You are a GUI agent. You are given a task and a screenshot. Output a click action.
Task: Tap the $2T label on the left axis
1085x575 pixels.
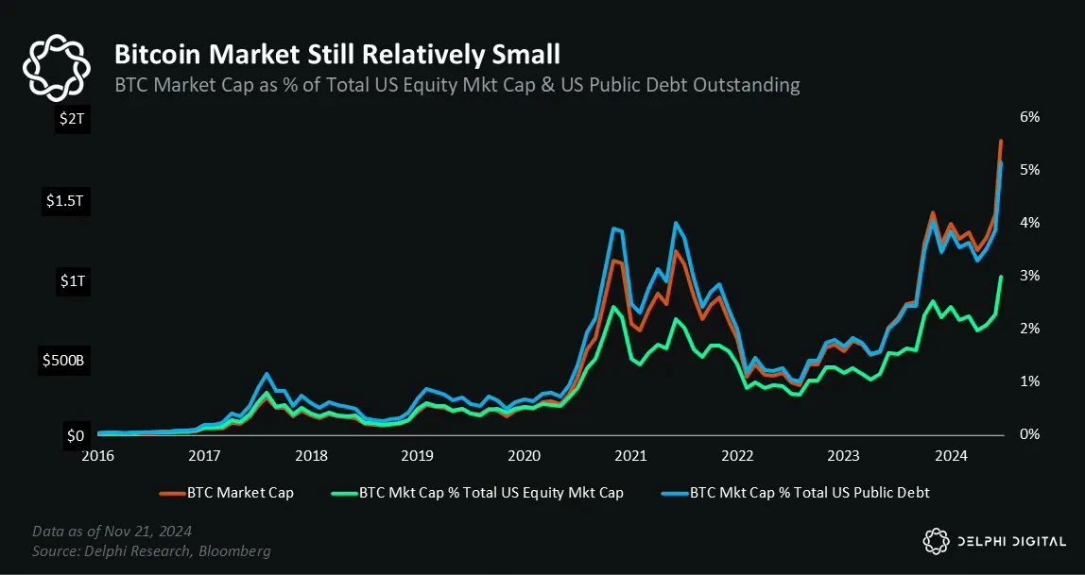pyautogui.click(x=73, y=119)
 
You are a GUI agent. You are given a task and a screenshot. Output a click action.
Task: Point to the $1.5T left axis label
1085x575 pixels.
pyautogui.click(x=64, y=201)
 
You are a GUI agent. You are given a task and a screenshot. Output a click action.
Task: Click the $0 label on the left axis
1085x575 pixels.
pyautogui.click(x=75, y=436)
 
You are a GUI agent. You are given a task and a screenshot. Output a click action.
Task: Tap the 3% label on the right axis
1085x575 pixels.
pyautogui.click(x=1029, y=276)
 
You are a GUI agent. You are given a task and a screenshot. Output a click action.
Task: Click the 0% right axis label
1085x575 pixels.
pyautogui.click(x=1029, y=434)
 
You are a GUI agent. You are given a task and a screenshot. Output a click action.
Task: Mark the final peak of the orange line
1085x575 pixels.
pyautogui.click(x=1001, y=141)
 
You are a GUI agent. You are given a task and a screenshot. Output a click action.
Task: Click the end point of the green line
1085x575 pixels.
pyautogui.click(x=1001, y=277)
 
